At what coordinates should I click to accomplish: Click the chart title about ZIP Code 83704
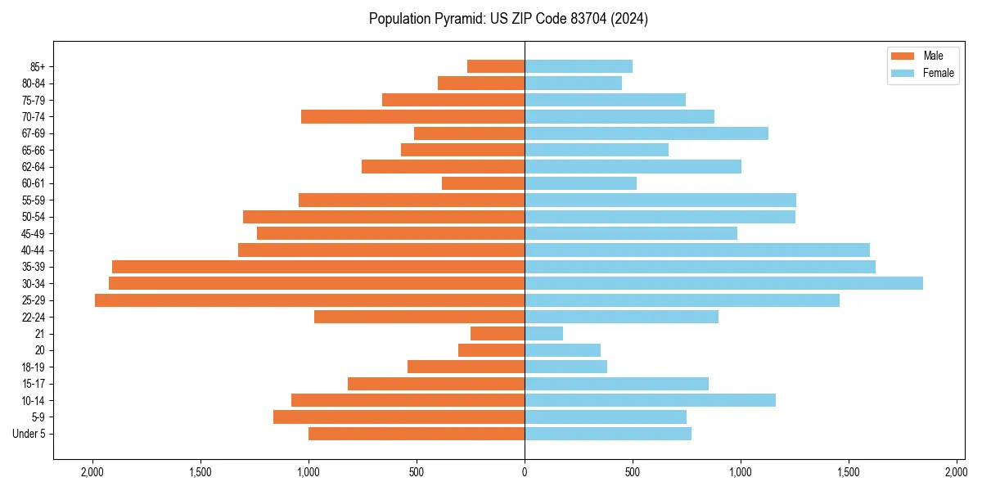coord(508,19)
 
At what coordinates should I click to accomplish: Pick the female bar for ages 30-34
coord(723,283)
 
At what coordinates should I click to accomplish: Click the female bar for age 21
coord(544,334)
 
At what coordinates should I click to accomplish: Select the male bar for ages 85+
coord(496,66)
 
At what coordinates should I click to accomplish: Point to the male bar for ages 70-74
coord(412,116)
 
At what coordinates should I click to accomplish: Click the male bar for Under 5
coord(417,434)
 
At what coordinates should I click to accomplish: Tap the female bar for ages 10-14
coord(650,400)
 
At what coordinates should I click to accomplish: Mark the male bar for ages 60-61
coord(483,183)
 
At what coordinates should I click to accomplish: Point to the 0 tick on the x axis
coord(525,472)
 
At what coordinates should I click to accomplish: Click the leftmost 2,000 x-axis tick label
coord(92,472)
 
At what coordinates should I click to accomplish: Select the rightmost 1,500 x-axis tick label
coord(849,472)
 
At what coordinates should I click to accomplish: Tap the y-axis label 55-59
coord(34,200)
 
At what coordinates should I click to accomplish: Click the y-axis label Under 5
coord(29,434)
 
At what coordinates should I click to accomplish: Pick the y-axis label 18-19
coord(34,367)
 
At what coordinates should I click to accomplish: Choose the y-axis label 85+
coord(38,66)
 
